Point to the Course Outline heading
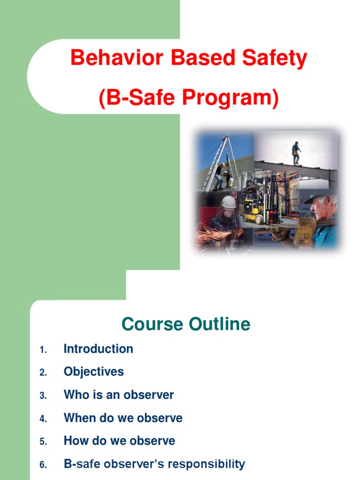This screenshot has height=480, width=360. pyautogui.click(x=186, y=324)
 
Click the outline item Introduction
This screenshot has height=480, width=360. pyautogui.click(x=98, y=349)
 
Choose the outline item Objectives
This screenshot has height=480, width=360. pyautogui.click(x=94, y=372)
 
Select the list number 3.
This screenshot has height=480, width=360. pyautogui.click(x=43, y=396)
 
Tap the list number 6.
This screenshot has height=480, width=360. pyautogui.click(x=43, y=465)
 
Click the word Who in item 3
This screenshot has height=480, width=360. pyautogui.click(x=74, y=395)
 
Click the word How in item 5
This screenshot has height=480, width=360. pyautogui.click(x=74, y=441)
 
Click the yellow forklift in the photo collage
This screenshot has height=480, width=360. pyautogui.click(x=253, y=209)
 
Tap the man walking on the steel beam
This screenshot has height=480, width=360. pyautogui.click(x=296, y=152)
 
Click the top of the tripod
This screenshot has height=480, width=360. pyautogui.click(x=225, y=137)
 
